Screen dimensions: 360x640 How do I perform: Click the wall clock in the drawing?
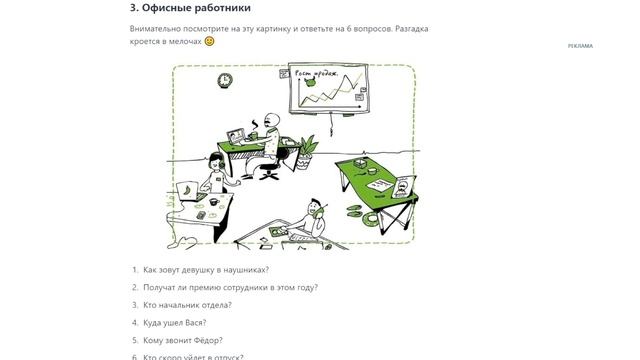(x=225, y=80)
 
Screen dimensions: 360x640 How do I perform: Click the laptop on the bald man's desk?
(x=238, y=134)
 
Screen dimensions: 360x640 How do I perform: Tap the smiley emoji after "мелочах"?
(x=209, y=42)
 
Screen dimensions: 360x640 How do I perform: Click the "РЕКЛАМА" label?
(x=580, y=46)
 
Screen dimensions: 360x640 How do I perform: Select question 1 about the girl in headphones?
(x=205, y=270)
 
